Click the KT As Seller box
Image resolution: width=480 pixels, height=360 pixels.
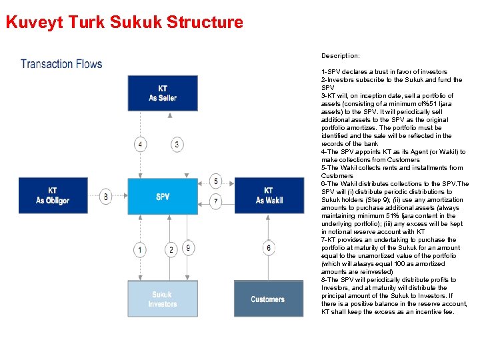tap(163, 93)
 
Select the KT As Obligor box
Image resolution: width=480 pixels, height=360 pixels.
tap(53, 196)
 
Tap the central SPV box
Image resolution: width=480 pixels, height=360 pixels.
tap(163, 197)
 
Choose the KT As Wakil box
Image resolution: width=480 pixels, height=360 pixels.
tap(269, 195)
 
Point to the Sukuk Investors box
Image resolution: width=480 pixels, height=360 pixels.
tap(163, 299)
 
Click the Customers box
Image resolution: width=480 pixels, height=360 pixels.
tap(268, 299)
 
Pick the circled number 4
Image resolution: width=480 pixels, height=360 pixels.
tap(141, 145)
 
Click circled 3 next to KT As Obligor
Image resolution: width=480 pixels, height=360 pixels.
tap(106, 197)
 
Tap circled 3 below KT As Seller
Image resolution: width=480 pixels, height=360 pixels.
tap(177, 145)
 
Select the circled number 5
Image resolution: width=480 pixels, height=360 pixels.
tap(215, 181)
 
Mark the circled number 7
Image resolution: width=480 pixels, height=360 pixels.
tap(215, 201)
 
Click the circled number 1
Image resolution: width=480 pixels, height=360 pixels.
tap(140, 250)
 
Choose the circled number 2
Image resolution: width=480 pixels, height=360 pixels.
tap(171, 250)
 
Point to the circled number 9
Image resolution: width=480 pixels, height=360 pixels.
tap(189, 247)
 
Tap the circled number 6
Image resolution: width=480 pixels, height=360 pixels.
tap(269, 248)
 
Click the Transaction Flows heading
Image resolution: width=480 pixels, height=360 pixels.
tap(61, 64)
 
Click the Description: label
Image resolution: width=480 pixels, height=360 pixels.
tap(340, 56)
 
